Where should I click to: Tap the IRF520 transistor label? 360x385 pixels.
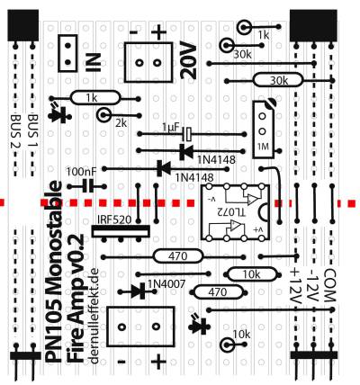[x=114, y=220]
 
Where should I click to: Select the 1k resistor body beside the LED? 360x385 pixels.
[x=95, y=98]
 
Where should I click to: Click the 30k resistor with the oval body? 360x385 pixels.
[x=278, y=80]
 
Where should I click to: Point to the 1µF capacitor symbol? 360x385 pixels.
[x=188, y=134]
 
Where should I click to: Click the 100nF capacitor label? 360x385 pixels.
[x=82, y=172]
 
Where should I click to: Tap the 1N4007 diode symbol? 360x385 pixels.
[x=139, y=291]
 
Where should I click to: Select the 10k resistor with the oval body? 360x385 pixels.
[x=252, y=274]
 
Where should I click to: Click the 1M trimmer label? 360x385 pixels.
[x=263, y=147]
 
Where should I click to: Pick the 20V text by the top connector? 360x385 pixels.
[x=188, y=61]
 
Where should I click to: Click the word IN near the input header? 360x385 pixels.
[x=94, y=63]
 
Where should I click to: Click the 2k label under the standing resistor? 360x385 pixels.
[x=121, y=123]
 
